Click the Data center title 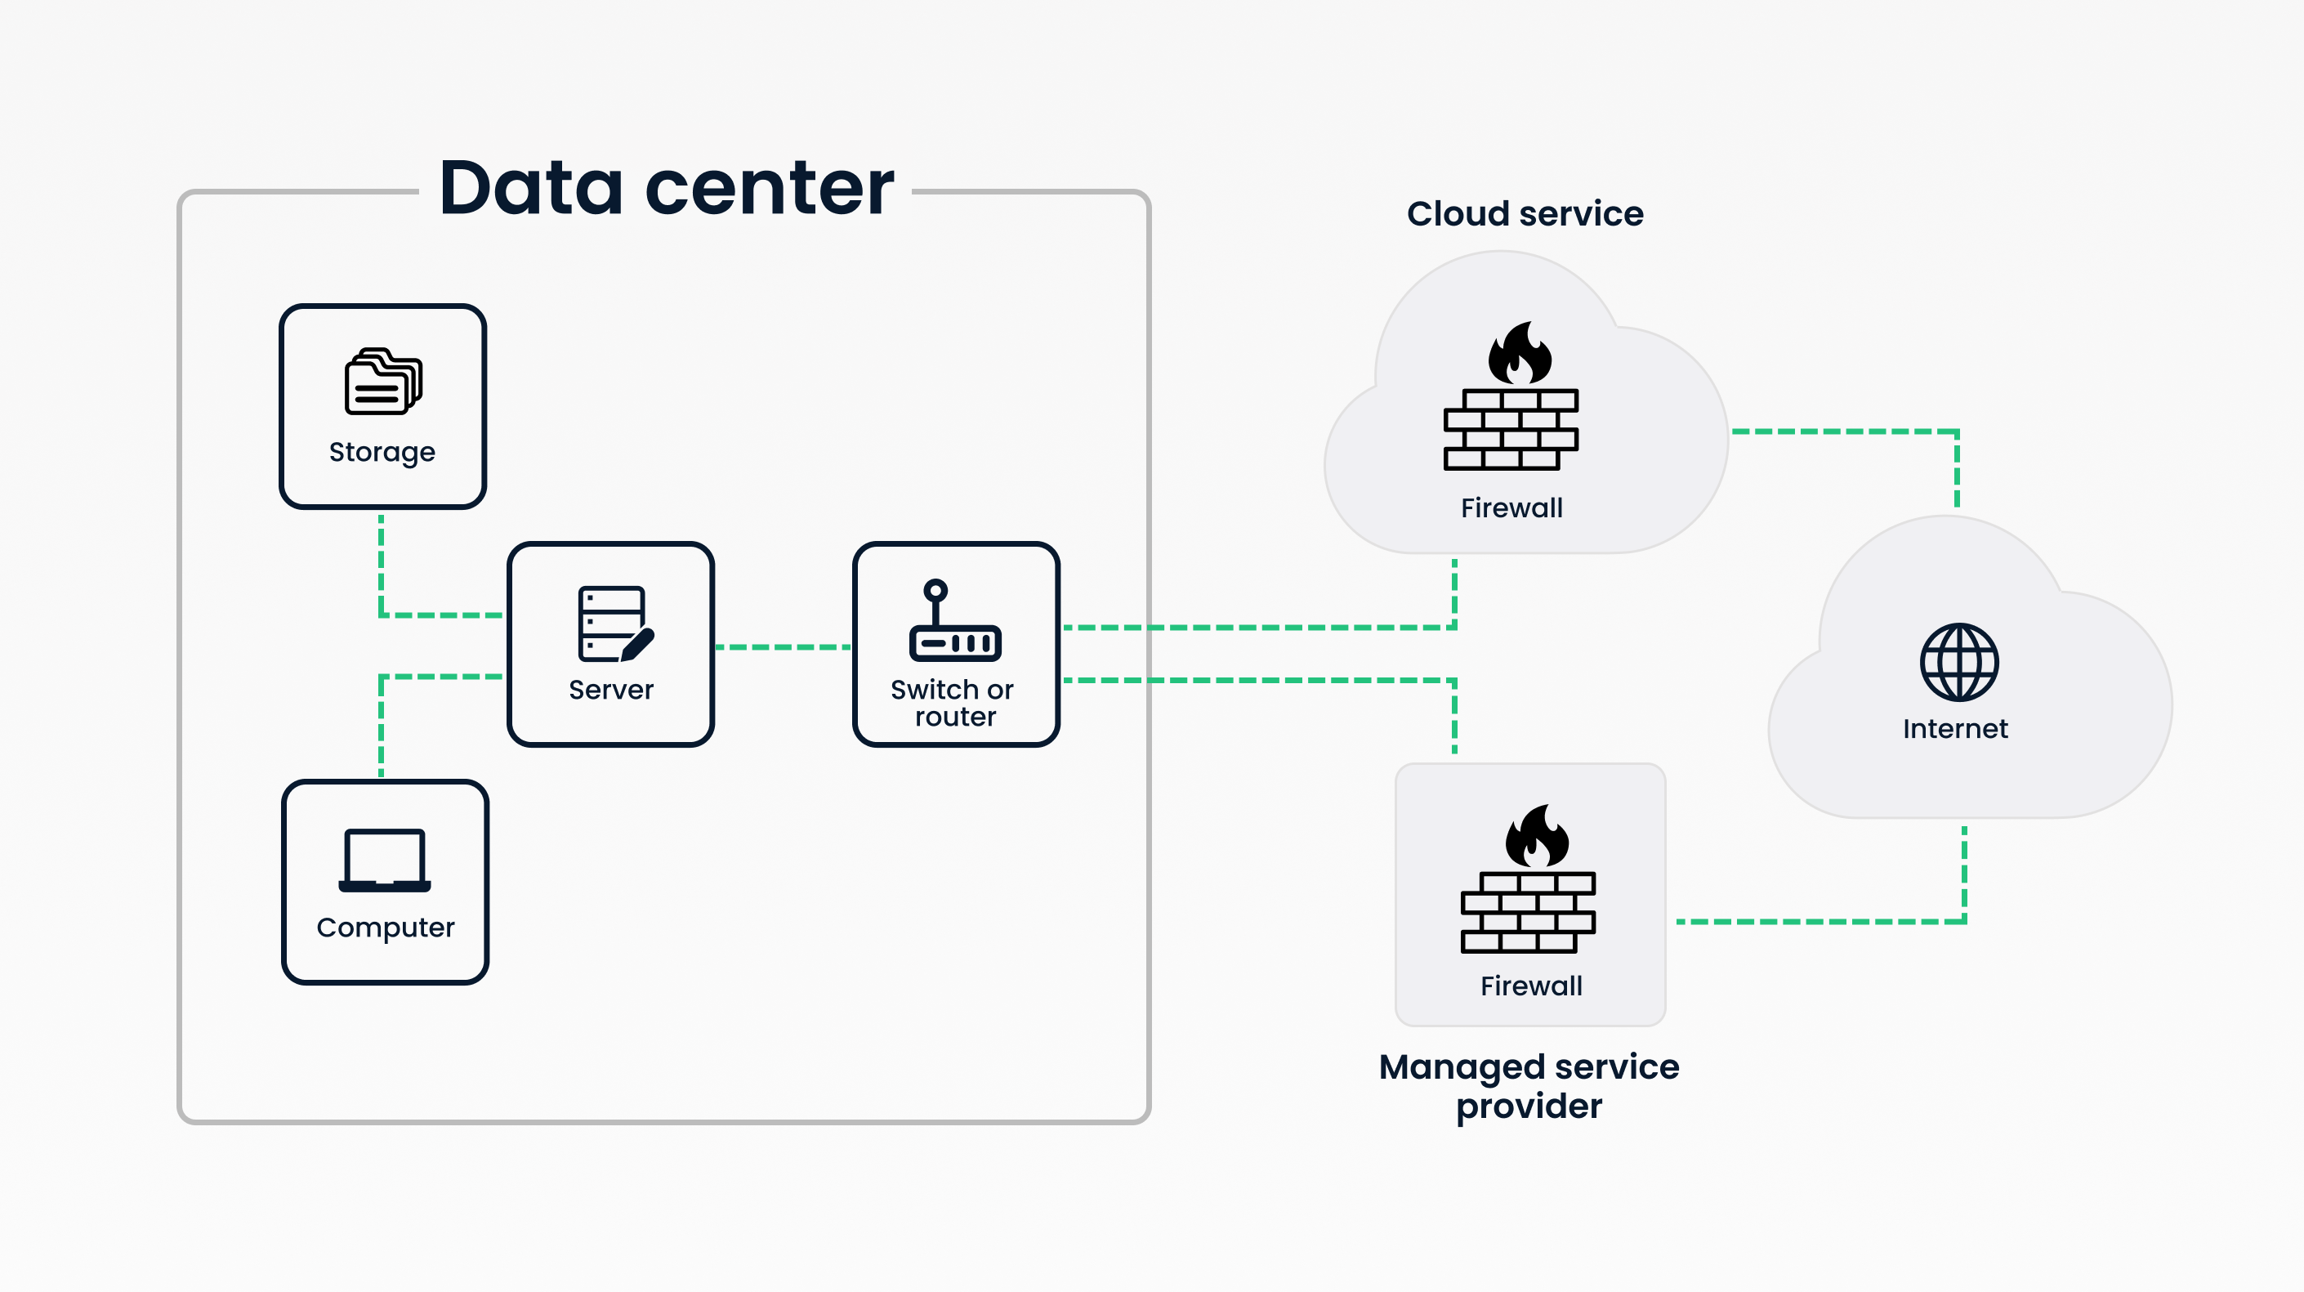(667, 188)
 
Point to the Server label (611, 690)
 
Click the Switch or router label (953, 702)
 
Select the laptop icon (385, 861)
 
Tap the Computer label (386, 928)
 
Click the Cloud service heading (1525, 214)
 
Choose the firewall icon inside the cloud (1511, 398)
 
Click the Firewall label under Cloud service (1511, 508)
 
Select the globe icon (1958, 662)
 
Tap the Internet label (1955, 729)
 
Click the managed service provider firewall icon (1528, 881)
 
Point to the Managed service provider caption (1529, 1086)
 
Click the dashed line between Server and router (783, 646)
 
